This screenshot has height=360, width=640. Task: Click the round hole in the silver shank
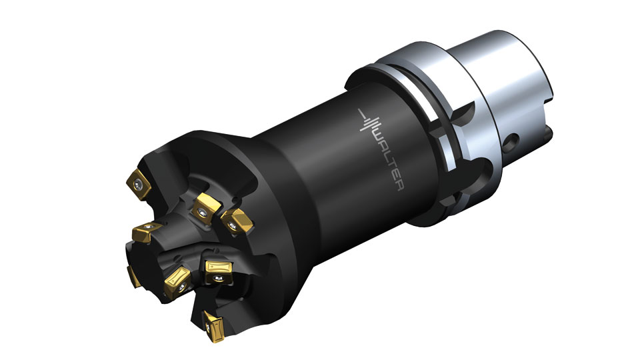click(x=511, y=141)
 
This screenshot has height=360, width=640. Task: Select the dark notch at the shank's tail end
click(x=548, y=133)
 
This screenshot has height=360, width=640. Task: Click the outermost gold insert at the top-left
click(x=139, y=185)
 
